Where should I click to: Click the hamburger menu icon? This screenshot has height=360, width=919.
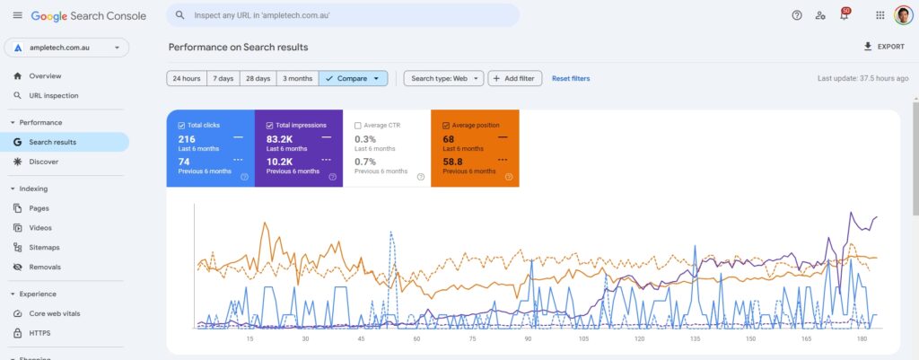[18, 15]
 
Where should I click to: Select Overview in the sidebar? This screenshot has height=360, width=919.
[45, 76]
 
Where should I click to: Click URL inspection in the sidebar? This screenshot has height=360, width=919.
[54, 95]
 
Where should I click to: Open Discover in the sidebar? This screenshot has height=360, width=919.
[43, 162]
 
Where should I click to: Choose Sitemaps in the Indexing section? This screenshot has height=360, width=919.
[44, 247]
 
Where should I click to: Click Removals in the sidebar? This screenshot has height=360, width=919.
[45, 267]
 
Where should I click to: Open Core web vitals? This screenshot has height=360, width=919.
[56, 313]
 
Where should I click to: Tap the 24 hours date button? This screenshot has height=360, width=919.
[187, 79]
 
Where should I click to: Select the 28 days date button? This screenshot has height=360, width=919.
[258, 79]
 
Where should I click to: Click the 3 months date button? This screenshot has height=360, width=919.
[297, 79]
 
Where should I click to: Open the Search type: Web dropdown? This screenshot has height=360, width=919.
[443, 79]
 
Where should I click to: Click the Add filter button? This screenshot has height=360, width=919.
[514, 79]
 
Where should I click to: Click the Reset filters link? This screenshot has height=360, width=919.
[571, 79]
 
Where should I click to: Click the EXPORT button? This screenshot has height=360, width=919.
[883, 47]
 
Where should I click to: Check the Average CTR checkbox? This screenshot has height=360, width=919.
[358, 126]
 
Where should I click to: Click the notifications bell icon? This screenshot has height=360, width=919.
[844, 15]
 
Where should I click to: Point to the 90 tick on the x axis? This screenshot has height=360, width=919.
[529, 339]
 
